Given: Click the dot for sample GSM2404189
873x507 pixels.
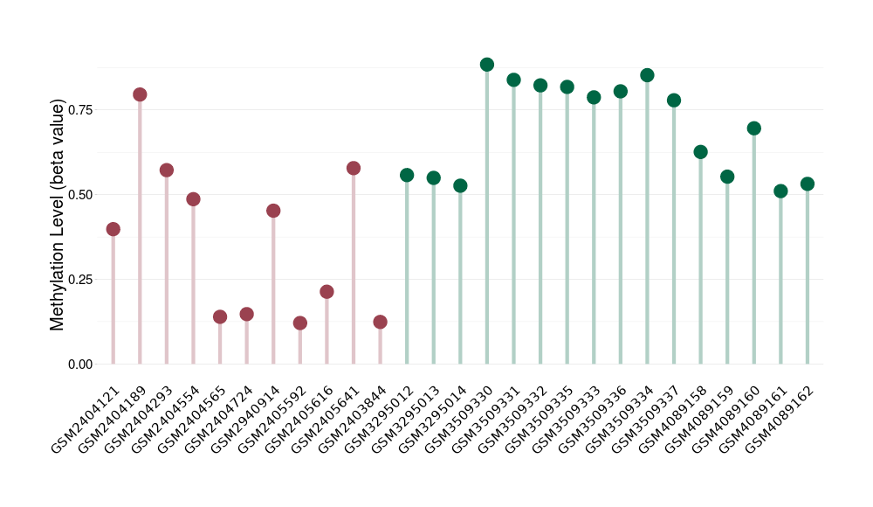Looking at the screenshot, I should coord(140,94).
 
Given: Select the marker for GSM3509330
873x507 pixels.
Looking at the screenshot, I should coord(487,65).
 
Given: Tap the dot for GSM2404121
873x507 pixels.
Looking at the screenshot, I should coord(113,229).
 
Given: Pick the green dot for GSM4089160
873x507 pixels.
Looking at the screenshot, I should coord(754,128).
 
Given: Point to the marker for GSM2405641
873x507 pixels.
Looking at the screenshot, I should coord(354,168).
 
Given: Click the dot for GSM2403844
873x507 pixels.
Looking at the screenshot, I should coord(380,322).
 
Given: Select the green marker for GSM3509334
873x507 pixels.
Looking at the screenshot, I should coord(647,75).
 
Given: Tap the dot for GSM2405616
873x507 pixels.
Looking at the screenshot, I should coord(327,292).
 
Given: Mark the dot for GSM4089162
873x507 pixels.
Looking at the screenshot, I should coord(808,184).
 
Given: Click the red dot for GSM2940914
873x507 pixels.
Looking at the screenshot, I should coord(273,211).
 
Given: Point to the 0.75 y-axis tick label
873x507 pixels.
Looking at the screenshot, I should coord(80,109).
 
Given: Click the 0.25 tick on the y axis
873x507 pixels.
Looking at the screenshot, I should coord(80,279).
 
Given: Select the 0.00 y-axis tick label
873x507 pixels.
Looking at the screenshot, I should coord(80,364).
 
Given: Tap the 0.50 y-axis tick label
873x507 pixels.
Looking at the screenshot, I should coord(80,194).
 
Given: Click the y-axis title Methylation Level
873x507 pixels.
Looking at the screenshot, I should coord(58,215).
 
